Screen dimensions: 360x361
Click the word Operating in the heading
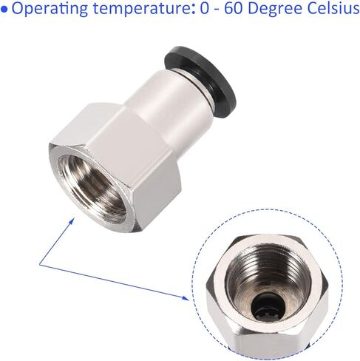click(50, 9)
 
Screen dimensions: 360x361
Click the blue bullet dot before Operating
click(4, 9)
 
